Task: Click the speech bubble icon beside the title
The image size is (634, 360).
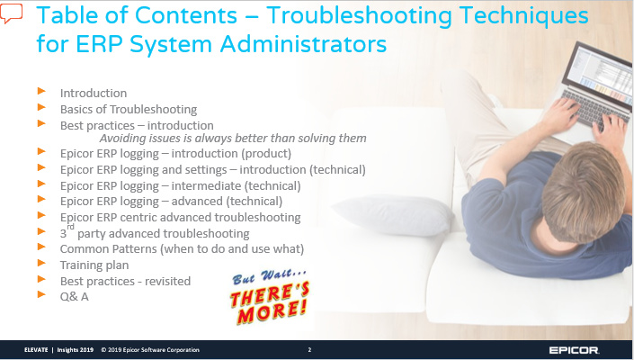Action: pyautogui.click(x=11, y=13)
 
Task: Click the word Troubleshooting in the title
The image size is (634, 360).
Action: pyautogui.click(x=359, y=16)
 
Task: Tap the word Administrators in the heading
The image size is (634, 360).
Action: pyautogui.click(x=303, y=44)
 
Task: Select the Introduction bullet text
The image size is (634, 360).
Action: pyautogui.click(x=94, y=93)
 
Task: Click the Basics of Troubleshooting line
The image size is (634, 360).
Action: pyautogui.click(x=129, y=109)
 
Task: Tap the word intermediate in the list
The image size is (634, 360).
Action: pyautogui.click(x=206, y=185)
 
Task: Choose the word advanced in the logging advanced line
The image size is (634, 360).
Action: pyautogui.click(x=197, y=201)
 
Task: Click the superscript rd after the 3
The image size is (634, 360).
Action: pyautogui.click(x=71, y=228)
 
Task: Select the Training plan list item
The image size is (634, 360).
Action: pyautogui.click(x=94, y=265)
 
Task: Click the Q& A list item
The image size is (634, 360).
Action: pyautogui.click(x=75, y=296)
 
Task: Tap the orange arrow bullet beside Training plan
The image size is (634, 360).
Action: pyautogui.click(x=41, y=263)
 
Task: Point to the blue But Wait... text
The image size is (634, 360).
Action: pyautogui.click(x=269, y=276)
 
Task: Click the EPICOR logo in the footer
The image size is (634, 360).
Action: pyautogui.click(x=574, y=350)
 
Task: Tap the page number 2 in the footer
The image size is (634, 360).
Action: pyautogui.click(x=309, y=350)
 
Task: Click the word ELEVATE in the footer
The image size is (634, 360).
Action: pyautogui.click(x=36, y=350)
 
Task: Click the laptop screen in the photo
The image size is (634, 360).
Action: pyautogui.click(x=601, y=75)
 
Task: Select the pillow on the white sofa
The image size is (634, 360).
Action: pyautogui.click(x=392, y=215)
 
